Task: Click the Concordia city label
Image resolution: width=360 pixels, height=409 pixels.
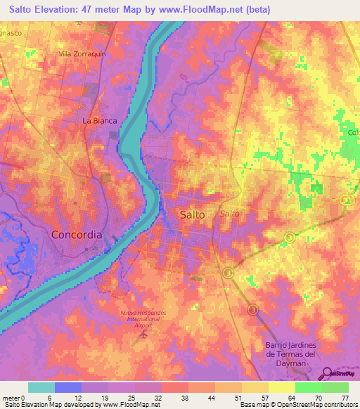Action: [x=77, y=234]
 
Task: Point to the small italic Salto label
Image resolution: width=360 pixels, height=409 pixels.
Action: [x=229, y=213]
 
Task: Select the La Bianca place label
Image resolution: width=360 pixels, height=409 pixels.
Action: [x=99, y=120]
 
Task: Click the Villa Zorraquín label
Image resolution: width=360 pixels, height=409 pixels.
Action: [x=82, y=53]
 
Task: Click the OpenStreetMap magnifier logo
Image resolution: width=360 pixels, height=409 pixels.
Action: [x=328, y=374]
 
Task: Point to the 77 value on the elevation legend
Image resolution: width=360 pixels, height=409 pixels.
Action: [x=344, y=397]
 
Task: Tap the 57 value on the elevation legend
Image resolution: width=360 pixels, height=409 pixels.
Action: [x=243, y=397]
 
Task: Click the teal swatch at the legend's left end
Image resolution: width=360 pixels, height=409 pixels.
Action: [x=41, y=387]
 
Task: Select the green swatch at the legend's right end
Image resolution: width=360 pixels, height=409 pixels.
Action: [x=335, y=387]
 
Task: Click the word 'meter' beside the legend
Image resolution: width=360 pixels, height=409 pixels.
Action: [x=11, y=397]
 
